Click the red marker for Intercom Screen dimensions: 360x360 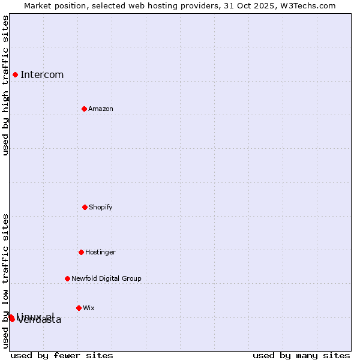(15, 74)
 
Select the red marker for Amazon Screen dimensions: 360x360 (84, 109)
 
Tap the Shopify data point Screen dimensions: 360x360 (85, 207)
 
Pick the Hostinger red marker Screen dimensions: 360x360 (81, 252)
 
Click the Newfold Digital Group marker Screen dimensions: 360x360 (67, 278)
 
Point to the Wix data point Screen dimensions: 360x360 (79, 308)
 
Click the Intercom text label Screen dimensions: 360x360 (42, 75)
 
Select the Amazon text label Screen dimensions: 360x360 (101, 109)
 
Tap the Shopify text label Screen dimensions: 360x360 (101, 208)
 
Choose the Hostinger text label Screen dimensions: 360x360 (100, 253)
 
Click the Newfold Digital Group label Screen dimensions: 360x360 (106, 279)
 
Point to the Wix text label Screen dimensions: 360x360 (89, 308)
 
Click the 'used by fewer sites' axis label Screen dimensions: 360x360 (62, 355)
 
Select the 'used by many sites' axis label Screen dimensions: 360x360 (301, 355)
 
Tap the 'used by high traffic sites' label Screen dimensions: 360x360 (5, 85)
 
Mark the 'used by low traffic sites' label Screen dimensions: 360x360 (5, 280)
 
